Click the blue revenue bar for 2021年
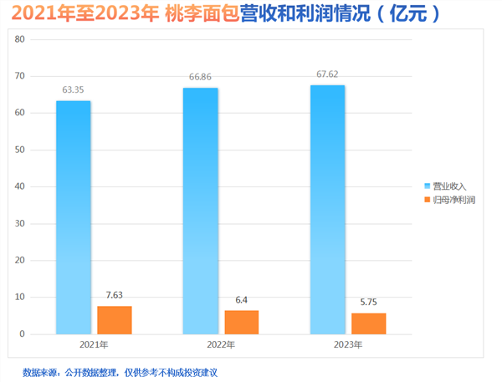[x=73, y=217]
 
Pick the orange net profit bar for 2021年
[x=114, y=320]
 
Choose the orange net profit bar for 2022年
[x=242, y=322]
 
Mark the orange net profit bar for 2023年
[x=368, y=323]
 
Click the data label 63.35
[x=74, y=89]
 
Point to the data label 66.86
[x=201, y=76]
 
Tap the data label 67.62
[x=327, y=74]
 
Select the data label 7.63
[x=115, y=295]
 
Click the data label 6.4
[x=242, y=299]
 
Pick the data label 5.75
[x=369, y=302]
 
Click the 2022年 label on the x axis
[x=222, y=344]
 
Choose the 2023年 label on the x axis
[x=348, y=344]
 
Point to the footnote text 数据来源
[x=40, y=371]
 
